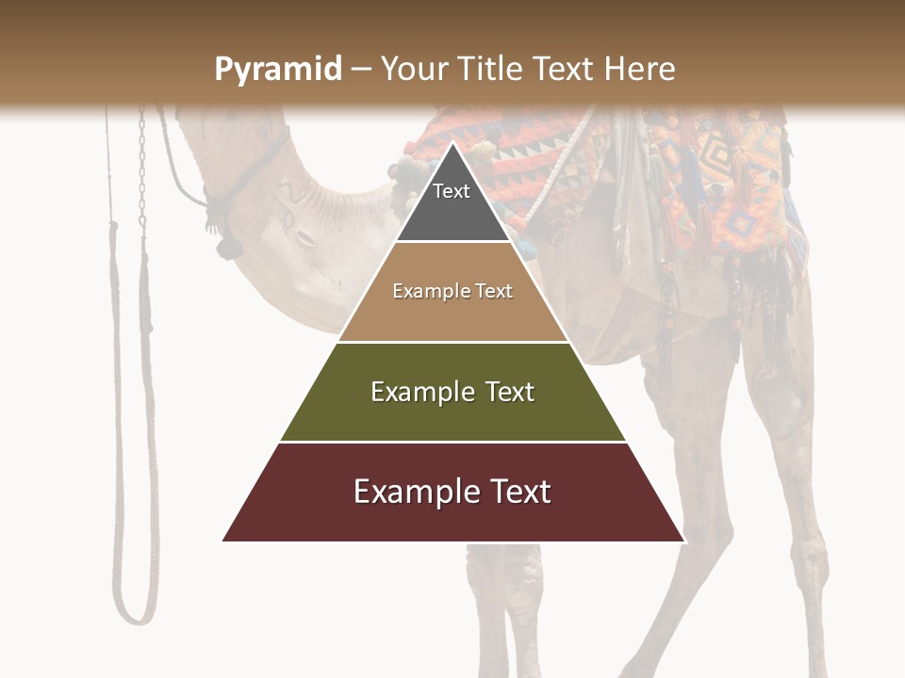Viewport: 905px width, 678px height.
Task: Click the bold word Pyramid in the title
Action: pyautogui.click(x=277, y=70)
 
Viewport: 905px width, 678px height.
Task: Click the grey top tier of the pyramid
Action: pyautogui.click(x=452, y=212)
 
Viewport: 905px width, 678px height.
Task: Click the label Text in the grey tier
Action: pyautogui.click(x=452, y=191)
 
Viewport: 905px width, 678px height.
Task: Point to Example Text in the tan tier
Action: pyautogui.click(x=452, y=291)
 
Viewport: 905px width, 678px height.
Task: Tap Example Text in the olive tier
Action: pyautogui.click(x=452, y=392)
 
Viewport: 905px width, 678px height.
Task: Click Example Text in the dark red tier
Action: pyautogui.click(x=452, y=492)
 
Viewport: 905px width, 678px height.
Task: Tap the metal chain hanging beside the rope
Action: pyautogui.click(x=142, y=169)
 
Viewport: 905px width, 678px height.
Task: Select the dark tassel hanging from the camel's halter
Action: pyautogui.click(x=226, y=245)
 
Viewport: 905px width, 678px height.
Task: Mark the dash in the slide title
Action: pyautogui.click(x=361, y=70)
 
